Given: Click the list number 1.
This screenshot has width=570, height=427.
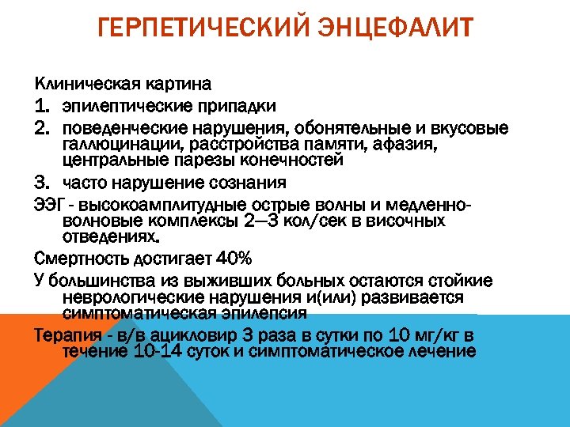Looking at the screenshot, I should pyautogui.click(x=42, y=105).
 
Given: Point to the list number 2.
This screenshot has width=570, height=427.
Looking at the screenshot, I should pyautogui.click(x=42, y=128).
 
